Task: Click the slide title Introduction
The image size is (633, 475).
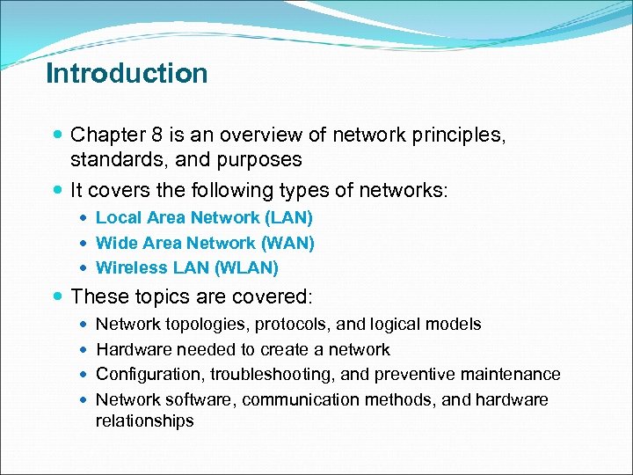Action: click(x=127, y=73)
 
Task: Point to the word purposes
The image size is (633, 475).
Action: click(x=262, y=160)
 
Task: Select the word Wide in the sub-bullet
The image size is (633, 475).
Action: click(x=114, y=243)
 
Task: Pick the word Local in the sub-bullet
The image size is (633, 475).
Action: click(x=117, y=217)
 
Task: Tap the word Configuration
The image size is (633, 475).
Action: click(x=149, y=375)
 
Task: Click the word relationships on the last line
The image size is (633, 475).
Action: click(x=144, y=421)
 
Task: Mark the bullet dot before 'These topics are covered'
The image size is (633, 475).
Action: click(x=58, y=296)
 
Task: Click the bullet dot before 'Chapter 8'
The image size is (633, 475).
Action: click(x=58, y=136)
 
